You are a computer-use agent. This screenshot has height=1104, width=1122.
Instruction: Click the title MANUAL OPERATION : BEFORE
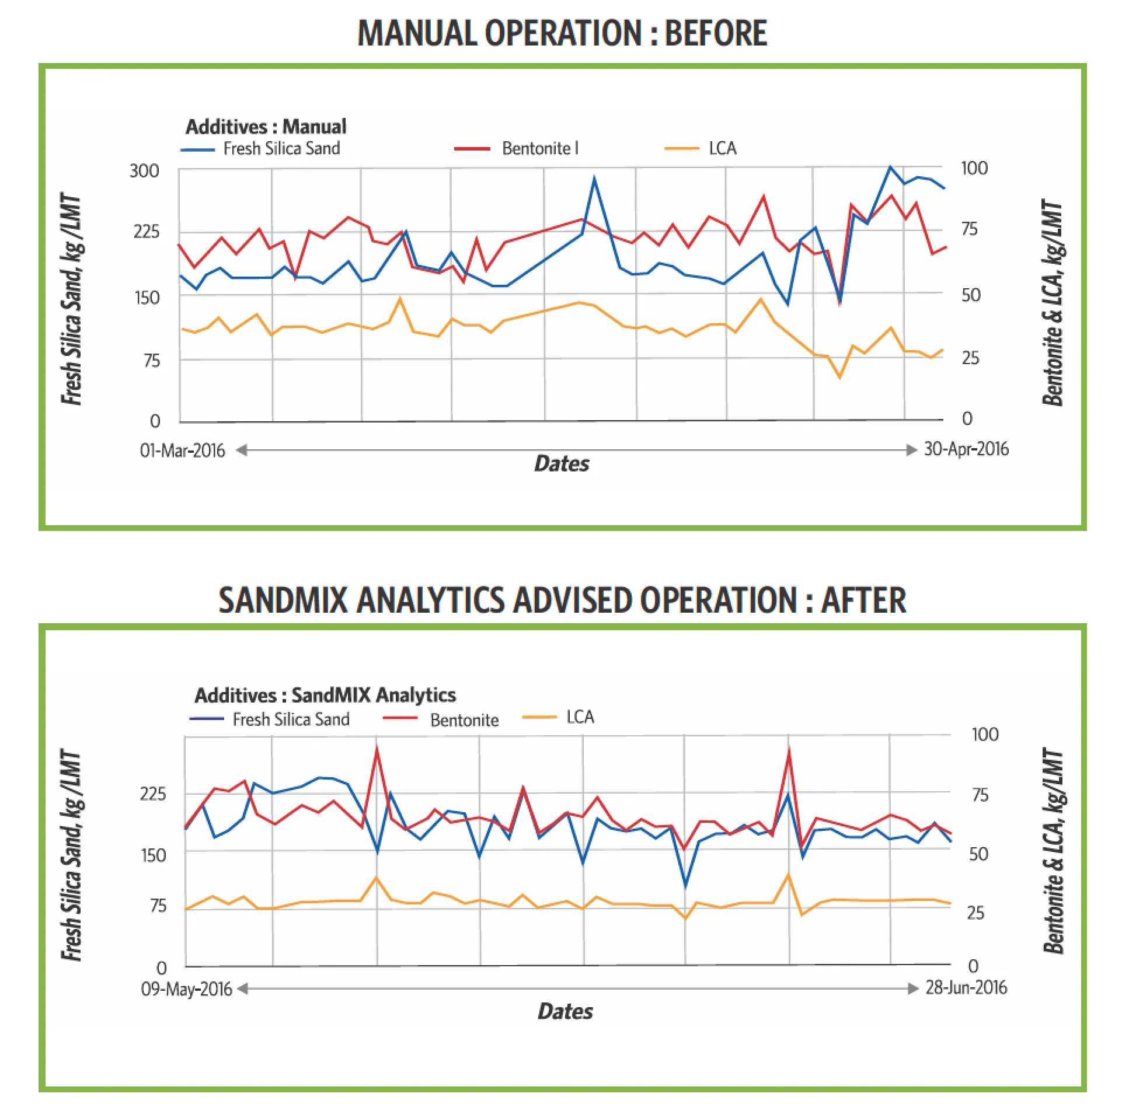click(x=562, y=33)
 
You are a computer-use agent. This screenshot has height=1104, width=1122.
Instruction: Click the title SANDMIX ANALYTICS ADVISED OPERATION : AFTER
click(x=562, y=600)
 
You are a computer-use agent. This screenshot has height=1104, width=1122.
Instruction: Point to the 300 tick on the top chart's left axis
click(x=144, y=171)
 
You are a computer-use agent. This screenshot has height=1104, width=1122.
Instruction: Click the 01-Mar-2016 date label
click(x=182, y=450)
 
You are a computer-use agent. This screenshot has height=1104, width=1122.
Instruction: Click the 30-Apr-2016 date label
click(x=966, y=449)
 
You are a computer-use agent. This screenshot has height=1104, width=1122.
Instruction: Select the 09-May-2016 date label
click(x=186, y=989)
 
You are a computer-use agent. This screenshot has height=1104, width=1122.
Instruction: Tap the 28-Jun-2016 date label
click(x=966, y=988)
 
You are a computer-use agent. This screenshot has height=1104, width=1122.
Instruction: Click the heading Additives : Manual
click(x=266, y=127)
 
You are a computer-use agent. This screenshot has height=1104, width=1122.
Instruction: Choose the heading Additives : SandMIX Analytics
click(x=325, y=696)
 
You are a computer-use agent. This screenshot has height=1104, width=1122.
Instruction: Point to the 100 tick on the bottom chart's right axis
click(x=985, y=735)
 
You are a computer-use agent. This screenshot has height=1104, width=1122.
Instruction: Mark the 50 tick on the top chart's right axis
click(x=971, y=295)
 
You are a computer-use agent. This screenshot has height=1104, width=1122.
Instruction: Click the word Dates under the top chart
click(x=562, y=464)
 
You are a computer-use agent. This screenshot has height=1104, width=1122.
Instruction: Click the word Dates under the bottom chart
click(x=565, y=1011)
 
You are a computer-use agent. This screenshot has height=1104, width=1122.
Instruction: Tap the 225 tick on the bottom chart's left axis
click(x=153, y=794)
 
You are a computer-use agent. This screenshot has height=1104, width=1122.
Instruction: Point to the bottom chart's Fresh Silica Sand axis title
click(x=72, y=855)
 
